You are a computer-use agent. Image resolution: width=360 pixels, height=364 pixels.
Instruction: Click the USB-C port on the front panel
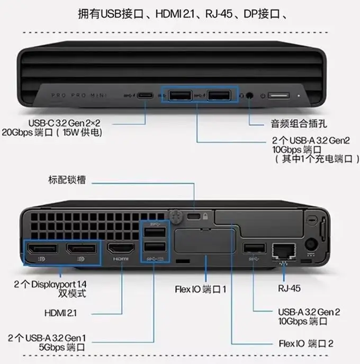point(146,96)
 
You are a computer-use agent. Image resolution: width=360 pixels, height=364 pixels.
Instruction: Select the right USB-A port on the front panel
point(219,95)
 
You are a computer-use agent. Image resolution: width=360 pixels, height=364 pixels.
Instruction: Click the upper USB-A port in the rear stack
point(154,232)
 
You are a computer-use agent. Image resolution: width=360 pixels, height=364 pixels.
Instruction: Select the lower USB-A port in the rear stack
point(154,248)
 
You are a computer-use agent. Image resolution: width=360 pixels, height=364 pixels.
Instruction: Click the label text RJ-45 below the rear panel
point(289,289)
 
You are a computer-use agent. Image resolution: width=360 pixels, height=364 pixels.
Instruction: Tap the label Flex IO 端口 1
point(201,290)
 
